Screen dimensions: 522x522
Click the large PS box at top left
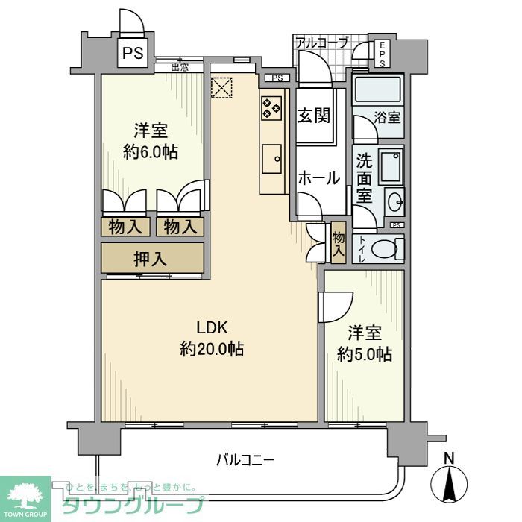pos(133,53)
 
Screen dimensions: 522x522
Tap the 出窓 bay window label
pos(179,67)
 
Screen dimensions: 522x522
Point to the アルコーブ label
pos(321,43)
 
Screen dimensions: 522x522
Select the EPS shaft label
pos(381,54)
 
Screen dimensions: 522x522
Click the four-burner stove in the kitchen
pos(271,107)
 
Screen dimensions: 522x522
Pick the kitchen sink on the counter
pos(271,157)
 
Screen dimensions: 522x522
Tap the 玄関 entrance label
pos(314,116)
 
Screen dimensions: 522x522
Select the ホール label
pos(319,178)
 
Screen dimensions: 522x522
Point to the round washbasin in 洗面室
pos(394,202)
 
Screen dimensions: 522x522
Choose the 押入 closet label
pos(151,260)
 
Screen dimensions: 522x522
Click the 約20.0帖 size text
pos(211,348)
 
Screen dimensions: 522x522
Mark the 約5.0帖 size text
pos(364,355)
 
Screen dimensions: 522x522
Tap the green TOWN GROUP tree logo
pos(25,494)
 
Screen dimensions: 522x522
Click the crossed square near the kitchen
pos(222,87)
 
